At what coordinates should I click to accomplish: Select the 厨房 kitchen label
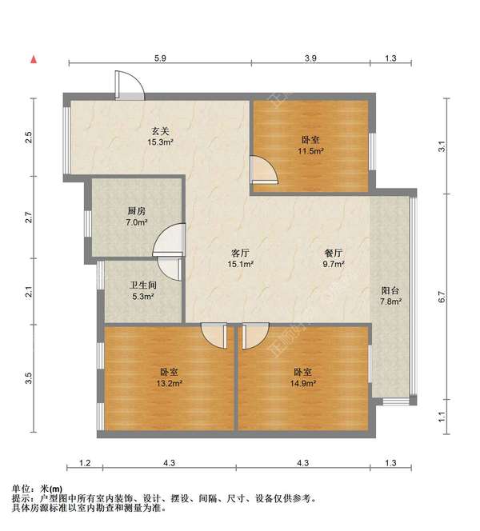coord(135,211)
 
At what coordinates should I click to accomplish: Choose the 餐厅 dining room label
coord(333,252)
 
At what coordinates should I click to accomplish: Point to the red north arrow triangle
coord(34,58)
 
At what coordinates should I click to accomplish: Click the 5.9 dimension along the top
coord(160,58)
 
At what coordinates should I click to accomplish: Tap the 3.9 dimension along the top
coord(311,58)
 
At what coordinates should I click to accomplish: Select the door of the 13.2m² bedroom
coord(214,335)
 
